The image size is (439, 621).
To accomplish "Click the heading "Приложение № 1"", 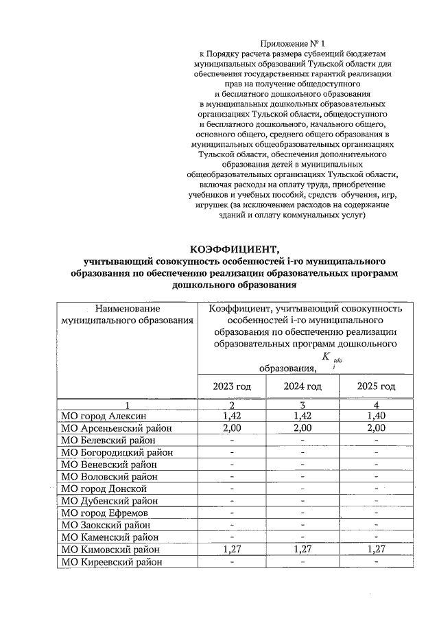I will pyautogui.click(x=294, y=43).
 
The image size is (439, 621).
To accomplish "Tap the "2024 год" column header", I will pyautogui.click(x=302, y=386).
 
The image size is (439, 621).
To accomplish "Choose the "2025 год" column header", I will pyautogui.click(x=376, y=386).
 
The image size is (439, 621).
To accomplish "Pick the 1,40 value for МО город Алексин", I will pyautogui.click(x=376, y=416).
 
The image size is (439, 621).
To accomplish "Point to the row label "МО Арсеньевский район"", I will pyautogui.click(x=116, y=428).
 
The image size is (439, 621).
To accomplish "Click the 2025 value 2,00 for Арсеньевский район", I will pyautogui.click(x=376, y=428).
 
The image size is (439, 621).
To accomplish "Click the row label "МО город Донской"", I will pyautogui.click(x=104, y=489).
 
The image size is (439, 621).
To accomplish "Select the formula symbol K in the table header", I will pyautogui.click(x=326, y=355).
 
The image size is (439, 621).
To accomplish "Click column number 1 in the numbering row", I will pyautogui.click(x=127, y=404).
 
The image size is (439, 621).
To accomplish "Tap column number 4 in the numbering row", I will pyautogui.click(x=376, y=404).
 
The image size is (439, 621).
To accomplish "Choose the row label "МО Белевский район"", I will pyautogui.click(x=109, y=440).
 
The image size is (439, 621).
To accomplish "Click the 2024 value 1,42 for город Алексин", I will pyautogui.click(x=302, y=416).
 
